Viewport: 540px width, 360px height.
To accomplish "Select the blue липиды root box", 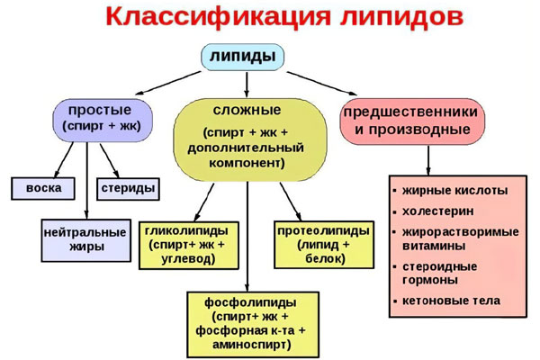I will point(242,57).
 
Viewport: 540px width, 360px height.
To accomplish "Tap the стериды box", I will point(130,189).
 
